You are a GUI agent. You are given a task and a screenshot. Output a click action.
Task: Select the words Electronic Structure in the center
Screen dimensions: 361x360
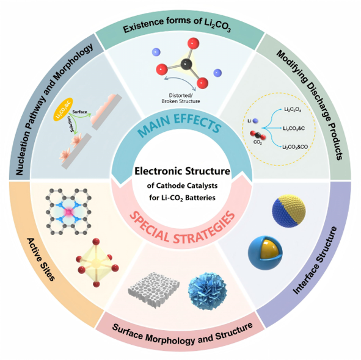tap(182, 171)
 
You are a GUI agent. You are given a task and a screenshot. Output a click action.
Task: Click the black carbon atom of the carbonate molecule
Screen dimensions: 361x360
tap(186, 64)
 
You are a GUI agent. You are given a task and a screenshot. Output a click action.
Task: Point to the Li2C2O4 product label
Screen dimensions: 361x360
tap(293, 109)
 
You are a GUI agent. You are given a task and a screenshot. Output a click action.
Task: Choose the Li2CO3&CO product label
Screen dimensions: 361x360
tap(295, 147)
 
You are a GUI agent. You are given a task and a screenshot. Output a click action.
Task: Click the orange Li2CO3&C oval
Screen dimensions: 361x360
tap(63, 109)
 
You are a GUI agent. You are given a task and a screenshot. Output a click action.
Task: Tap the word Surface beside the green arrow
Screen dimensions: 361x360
tap(79, 112)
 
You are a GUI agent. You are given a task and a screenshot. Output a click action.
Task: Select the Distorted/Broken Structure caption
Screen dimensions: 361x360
tap(181, 98)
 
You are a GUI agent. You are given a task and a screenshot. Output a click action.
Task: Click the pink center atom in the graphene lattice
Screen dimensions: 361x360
tap(68, 212)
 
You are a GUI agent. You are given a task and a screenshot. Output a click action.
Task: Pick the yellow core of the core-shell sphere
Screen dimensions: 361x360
tap(269, 248)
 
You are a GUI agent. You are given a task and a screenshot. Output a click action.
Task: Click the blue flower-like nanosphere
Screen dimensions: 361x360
tap(208, 291)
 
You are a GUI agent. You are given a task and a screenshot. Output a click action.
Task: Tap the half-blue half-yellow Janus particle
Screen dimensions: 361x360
tap(289, 211)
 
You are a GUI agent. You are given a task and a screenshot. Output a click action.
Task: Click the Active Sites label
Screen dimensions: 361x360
tap(41, 259)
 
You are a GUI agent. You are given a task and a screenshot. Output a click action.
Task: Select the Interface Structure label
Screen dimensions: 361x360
tap(315, 260)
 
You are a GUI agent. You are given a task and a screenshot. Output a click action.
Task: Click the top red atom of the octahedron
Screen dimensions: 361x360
tap(96, 242)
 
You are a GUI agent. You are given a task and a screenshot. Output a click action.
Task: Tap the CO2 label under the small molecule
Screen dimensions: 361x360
tap(258, 143)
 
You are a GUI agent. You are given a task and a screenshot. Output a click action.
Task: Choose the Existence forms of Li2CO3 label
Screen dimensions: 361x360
tap(177, 25)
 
